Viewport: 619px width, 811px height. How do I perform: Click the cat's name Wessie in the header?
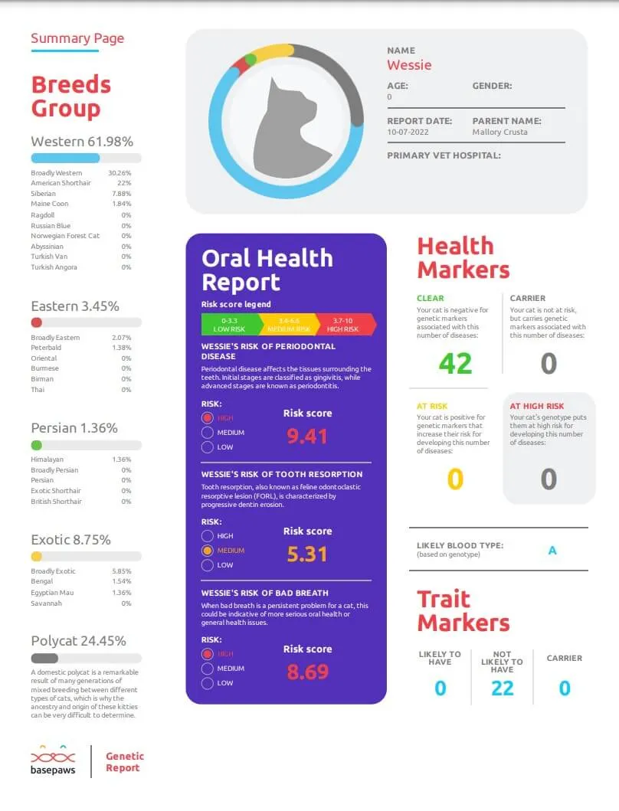(x=409, y=65)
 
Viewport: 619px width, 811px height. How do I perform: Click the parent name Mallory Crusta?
(x=499, y=132)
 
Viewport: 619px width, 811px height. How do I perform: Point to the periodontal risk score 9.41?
(x=307, y=436)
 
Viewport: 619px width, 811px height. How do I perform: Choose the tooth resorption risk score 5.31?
(x=307, y=554)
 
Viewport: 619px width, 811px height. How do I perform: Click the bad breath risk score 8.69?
(x=307, y=672)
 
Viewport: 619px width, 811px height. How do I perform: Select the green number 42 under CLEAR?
(x=455, y=362)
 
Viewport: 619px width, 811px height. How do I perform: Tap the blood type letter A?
(x=552, y=550)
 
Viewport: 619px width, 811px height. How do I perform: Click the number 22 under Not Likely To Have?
(x=502, y=688)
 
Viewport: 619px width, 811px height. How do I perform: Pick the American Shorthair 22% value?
(x=124, y=183)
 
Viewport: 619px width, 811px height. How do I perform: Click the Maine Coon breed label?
(x=49, y=204)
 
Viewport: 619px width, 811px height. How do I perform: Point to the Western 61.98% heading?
(x=82, y=142)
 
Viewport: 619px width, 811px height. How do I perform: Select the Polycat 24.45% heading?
(x=78, y=641)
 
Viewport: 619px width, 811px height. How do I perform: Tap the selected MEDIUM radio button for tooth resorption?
(x=207, y=551)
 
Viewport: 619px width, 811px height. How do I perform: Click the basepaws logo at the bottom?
(x=53, y=761)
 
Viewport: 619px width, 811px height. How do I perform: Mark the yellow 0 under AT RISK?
(x=455, y=479)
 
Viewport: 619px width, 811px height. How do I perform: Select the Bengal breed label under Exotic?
(x=41, y=582)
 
